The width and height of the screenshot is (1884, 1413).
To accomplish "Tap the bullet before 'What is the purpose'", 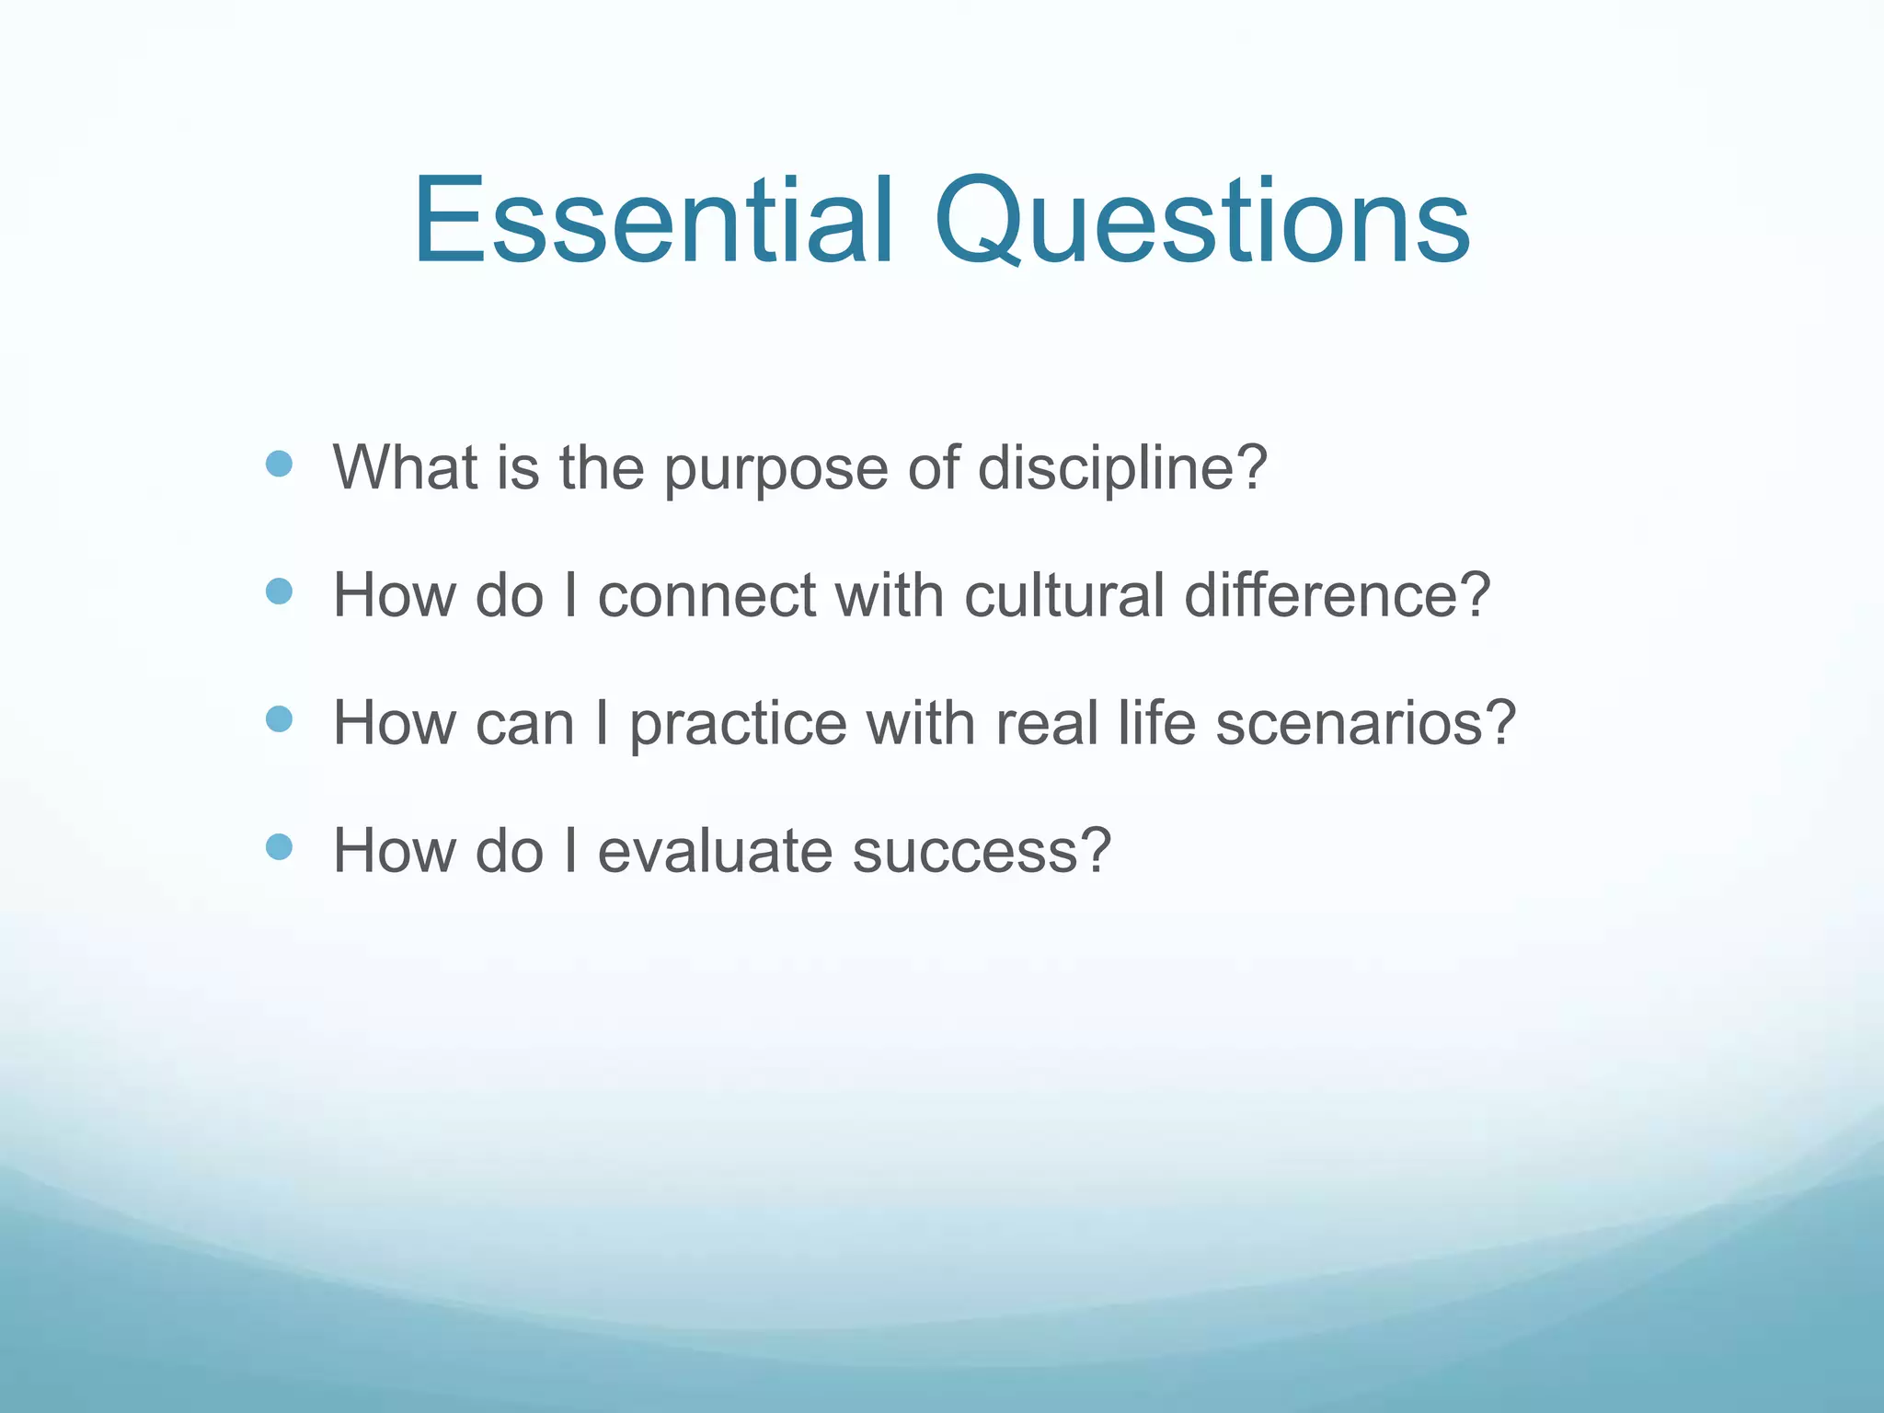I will click(279, 464).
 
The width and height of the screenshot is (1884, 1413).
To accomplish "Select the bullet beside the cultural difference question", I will click(279, 591).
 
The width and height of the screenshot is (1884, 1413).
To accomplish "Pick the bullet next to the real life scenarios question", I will click(279, 718).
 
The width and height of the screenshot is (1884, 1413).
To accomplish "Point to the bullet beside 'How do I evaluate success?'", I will click(279, 846).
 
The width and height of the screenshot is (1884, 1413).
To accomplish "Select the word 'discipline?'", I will click(1121, 469).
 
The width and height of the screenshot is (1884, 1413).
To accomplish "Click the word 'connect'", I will click(706, 595).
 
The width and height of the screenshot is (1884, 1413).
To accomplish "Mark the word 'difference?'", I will click(1337, 595).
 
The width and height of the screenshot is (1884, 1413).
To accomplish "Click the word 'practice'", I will click(738, 725).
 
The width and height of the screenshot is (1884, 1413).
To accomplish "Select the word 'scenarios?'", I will click(1365, 723).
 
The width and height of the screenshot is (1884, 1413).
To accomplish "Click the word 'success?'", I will click(982, 851).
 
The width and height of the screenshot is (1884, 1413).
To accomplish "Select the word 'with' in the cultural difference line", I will click(890, 595).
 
